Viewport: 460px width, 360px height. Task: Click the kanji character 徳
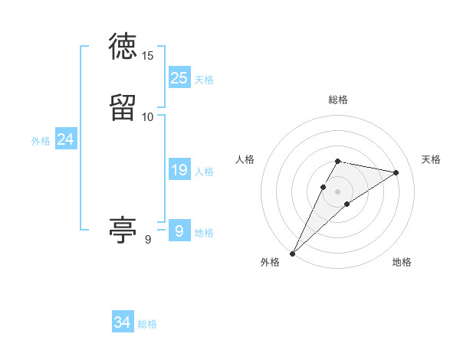tap(123, 47)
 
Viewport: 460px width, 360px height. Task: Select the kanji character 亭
tap(123, 229)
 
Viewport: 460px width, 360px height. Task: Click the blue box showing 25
tap(179, 78)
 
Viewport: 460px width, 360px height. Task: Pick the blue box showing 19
tap(179, 171)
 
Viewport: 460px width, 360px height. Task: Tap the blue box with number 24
tap(66, 140)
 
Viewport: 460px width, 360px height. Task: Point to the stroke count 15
tap(148, 55)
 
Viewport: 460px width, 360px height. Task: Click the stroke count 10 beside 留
tap(148, 116)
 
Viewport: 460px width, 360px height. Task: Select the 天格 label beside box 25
tap(204, 80)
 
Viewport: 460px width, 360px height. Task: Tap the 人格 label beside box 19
tap(204, 172)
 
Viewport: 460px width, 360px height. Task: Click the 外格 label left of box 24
tap(41, 141)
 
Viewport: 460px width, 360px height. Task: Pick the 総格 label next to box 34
tap(147, 324)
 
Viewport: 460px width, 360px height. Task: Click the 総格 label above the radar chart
tap(338, 100)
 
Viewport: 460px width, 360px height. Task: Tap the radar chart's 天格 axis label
tap(432, 159)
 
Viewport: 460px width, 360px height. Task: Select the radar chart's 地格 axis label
tap(402, 263)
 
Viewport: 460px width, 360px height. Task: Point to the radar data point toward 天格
tap(396, 172)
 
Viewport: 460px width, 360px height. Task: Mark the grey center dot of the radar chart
tap(338, 191)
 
